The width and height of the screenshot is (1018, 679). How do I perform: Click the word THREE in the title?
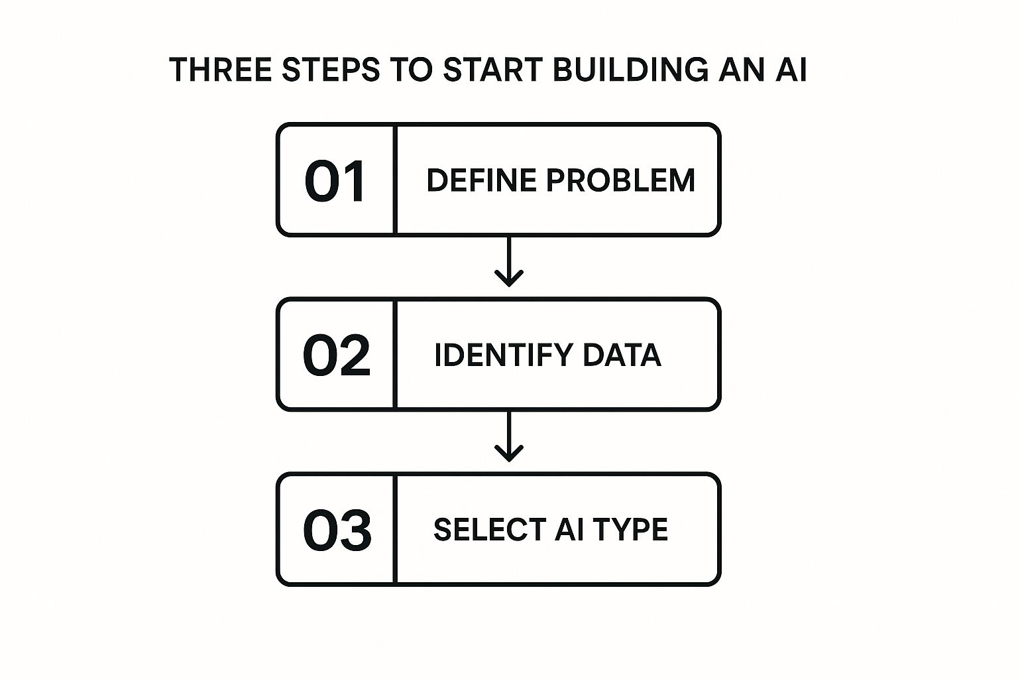221,70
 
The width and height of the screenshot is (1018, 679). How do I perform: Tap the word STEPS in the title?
331,70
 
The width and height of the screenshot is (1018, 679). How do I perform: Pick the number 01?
335,181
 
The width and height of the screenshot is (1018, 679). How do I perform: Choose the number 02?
336,355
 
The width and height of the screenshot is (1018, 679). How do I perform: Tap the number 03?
337,530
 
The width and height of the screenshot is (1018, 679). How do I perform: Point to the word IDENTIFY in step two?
503,355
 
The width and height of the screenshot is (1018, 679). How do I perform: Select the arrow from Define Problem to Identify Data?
508,262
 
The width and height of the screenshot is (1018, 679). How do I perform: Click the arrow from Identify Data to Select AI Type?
508,437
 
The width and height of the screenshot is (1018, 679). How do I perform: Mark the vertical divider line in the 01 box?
395,180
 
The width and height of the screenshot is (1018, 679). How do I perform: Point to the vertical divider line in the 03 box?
395,529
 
